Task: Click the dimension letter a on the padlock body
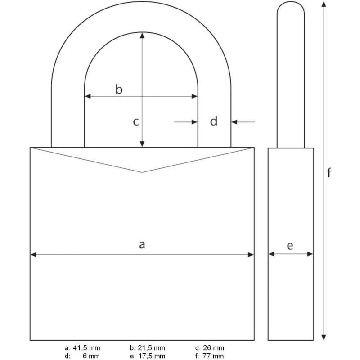[142, 245]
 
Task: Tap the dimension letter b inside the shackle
[119, 89]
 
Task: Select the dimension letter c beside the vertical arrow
[136, 122]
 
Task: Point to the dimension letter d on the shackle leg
[214, 121]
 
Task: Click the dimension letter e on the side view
[290, 246]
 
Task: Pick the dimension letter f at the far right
[329, 173]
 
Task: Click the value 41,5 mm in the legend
[86, 348]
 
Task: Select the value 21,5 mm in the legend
[151, 348]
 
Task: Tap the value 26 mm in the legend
[213, 348]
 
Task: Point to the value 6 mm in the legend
[91, 356]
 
